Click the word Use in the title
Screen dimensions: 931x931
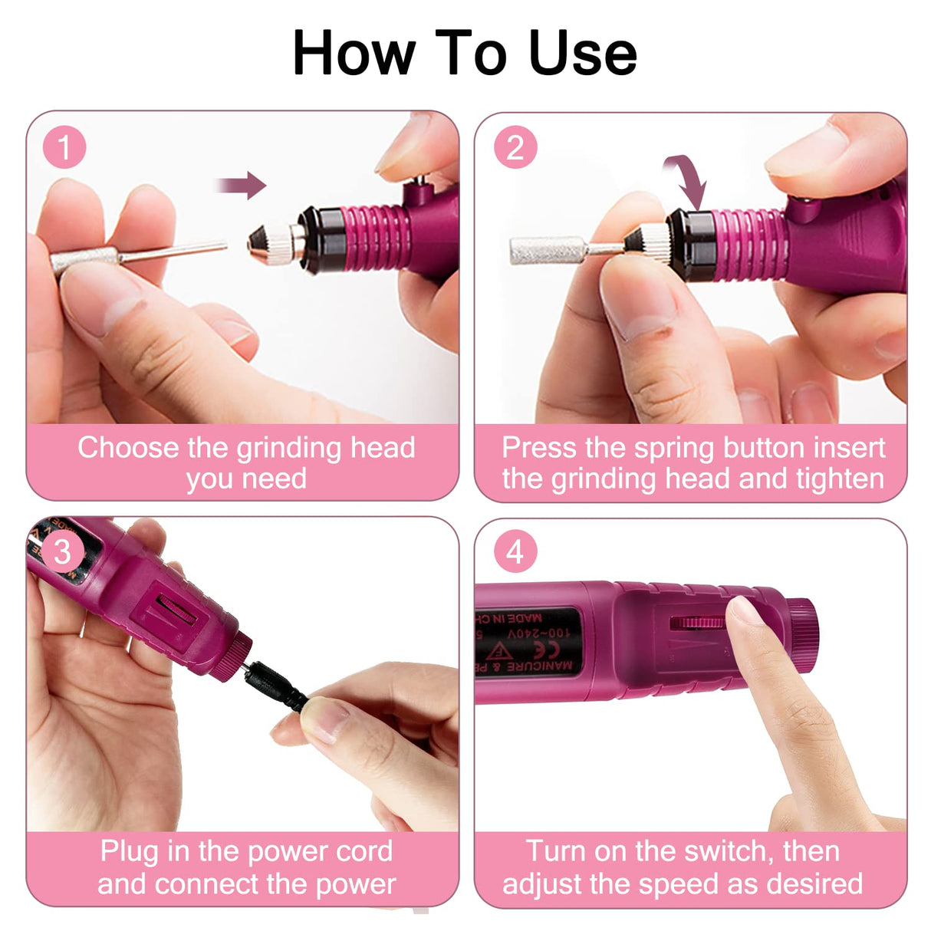click(x=583, y=53)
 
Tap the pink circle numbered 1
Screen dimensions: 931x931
click(x=64, y=147)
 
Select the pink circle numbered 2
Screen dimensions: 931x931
click(x=515, y=147)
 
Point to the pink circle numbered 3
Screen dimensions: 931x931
click(x=63, y=551)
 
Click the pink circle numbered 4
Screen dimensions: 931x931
click(x=515, y=551)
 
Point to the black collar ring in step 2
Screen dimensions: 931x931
click(x=689, y=241)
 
